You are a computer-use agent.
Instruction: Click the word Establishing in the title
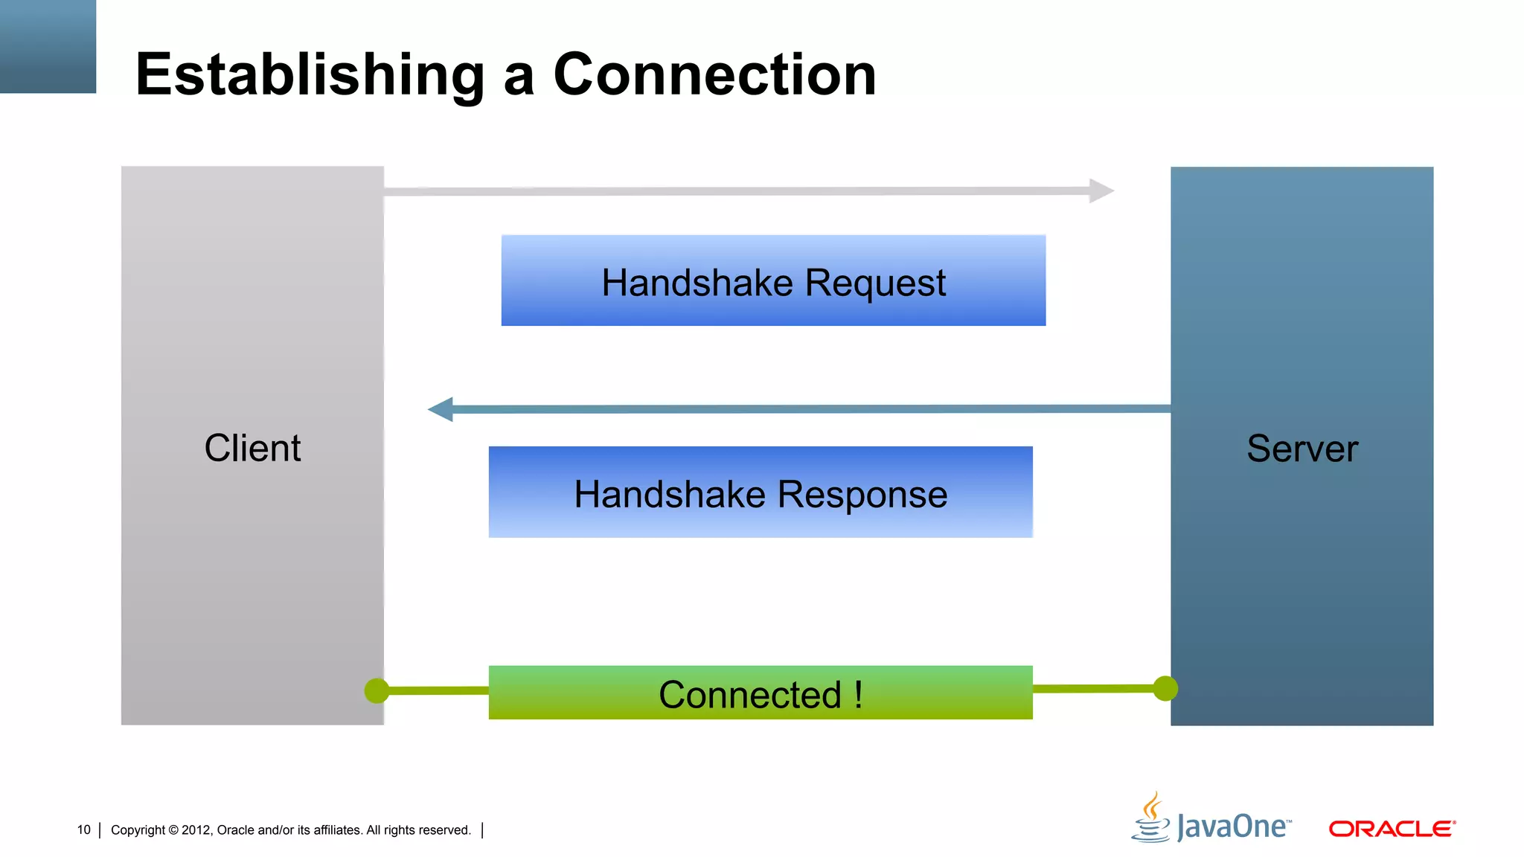310,75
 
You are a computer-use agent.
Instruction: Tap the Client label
252,448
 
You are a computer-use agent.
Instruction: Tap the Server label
1302,449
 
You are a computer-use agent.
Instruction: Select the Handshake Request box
773,280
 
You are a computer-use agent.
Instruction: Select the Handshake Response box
761,492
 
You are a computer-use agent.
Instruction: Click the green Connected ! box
761,693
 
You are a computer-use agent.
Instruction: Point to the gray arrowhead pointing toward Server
1101,190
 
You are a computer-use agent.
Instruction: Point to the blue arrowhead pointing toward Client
441,409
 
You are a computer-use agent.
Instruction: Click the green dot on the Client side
377,690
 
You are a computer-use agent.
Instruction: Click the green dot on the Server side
1165,688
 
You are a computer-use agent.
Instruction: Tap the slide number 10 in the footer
83,829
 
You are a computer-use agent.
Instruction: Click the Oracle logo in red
1392,829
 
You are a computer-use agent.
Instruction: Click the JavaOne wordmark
1234,827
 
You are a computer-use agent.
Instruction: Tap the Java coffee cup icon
1150,818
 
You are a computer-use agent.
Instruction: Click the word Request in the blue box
875,283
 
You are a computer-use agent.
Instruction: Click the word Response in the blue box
862,495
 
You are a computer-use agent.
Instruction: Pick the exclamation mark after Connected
859,695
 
